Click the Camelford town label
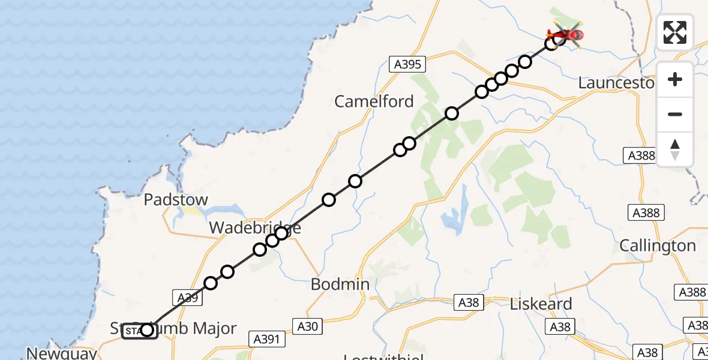pyautogui.click(x=374, y=101)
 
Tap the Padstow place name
pyautogui.click(x=176, y=200)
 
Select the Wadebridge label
pyautogui.click(x=254, y=229)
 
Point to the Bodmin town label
pyautogui.click(x=340, y=284)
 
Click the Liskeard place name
pyautogui.click(x=541, y=304)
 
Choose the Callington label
pyautogui.click(x=658, y=245)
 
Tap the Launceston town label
pyautogui.click(x=616, y=83)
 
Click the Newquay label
pyautogui.click(x=61, y=353)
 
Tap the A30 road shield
pyautogui.click(x=311, y=326)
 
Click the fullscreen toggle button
pyautogui.click(x=675, y=32)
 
